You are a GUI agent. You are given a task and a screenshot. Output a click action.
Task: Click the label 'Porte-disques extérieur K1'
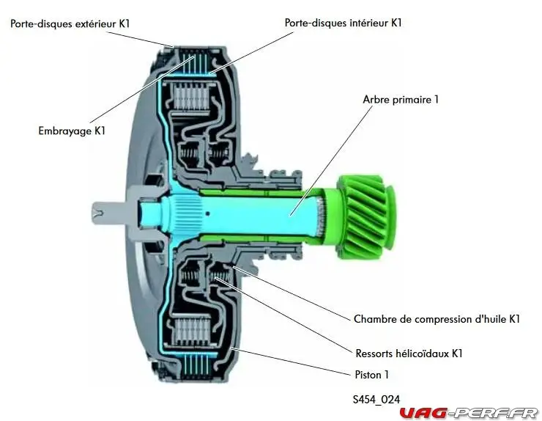click(x=70, y=23)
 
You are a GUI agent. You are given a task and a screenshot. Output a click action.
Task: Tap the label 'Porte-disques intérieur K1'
click(x=343, y=23)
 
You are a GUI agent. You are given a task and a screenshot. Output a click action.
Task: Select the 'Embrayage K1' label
click(x=72, y=131)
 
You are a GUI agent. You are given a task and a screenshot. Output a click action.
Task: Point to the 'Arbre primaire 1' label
click(x=401, y=100)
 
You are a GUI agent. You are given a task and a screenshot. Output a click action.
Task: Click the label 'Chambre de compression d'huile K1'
click(x=437, y=319)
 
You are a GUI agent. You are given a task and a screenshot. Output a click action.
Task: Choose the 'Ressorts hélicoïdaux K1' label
click(x=409, y=354)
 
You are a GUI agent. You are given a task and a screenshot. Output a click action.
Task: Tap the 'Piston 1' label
click(x=372, y=375)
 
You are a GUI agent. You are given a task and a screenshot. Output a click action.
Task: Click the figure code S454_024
click(x=376, y=399)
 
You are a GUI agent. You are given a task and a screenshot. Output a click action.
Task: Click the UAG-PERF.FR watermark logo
click(x=469, y=413)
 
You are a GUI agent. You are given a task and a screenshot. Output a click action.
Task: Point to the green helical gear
click(x=365, y=217)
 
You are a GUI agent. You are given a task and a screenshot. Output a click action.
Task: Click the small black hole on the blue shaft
click(x=207, y=213)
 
